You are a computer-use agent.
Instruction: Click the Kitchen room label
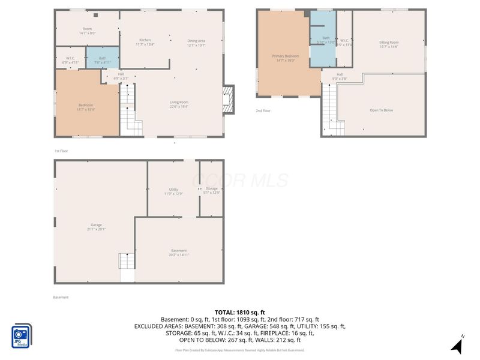145,42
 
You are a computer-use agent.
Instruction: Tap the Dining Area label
196,42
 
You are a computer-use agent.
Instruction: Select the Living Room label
179,104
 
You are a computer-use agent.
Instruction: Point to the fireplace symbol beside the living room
227,96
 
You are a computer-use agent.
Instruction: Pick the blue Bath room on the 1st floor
102,59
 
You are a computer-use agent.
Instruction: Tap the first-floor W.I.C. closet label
70,59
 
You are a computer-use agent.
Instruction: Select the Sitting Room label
389,44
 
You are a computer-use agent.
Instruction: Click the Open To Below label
382,110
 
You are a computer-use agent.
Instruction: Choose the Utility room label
173,191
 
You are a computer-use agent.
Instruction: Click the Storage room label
211,191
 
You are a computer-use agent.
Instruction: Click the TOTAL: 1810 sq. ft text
240,312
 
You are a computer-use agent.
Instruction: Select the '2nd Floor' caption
263,111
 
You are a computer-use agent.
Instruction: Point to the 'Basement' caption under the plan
61,297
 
